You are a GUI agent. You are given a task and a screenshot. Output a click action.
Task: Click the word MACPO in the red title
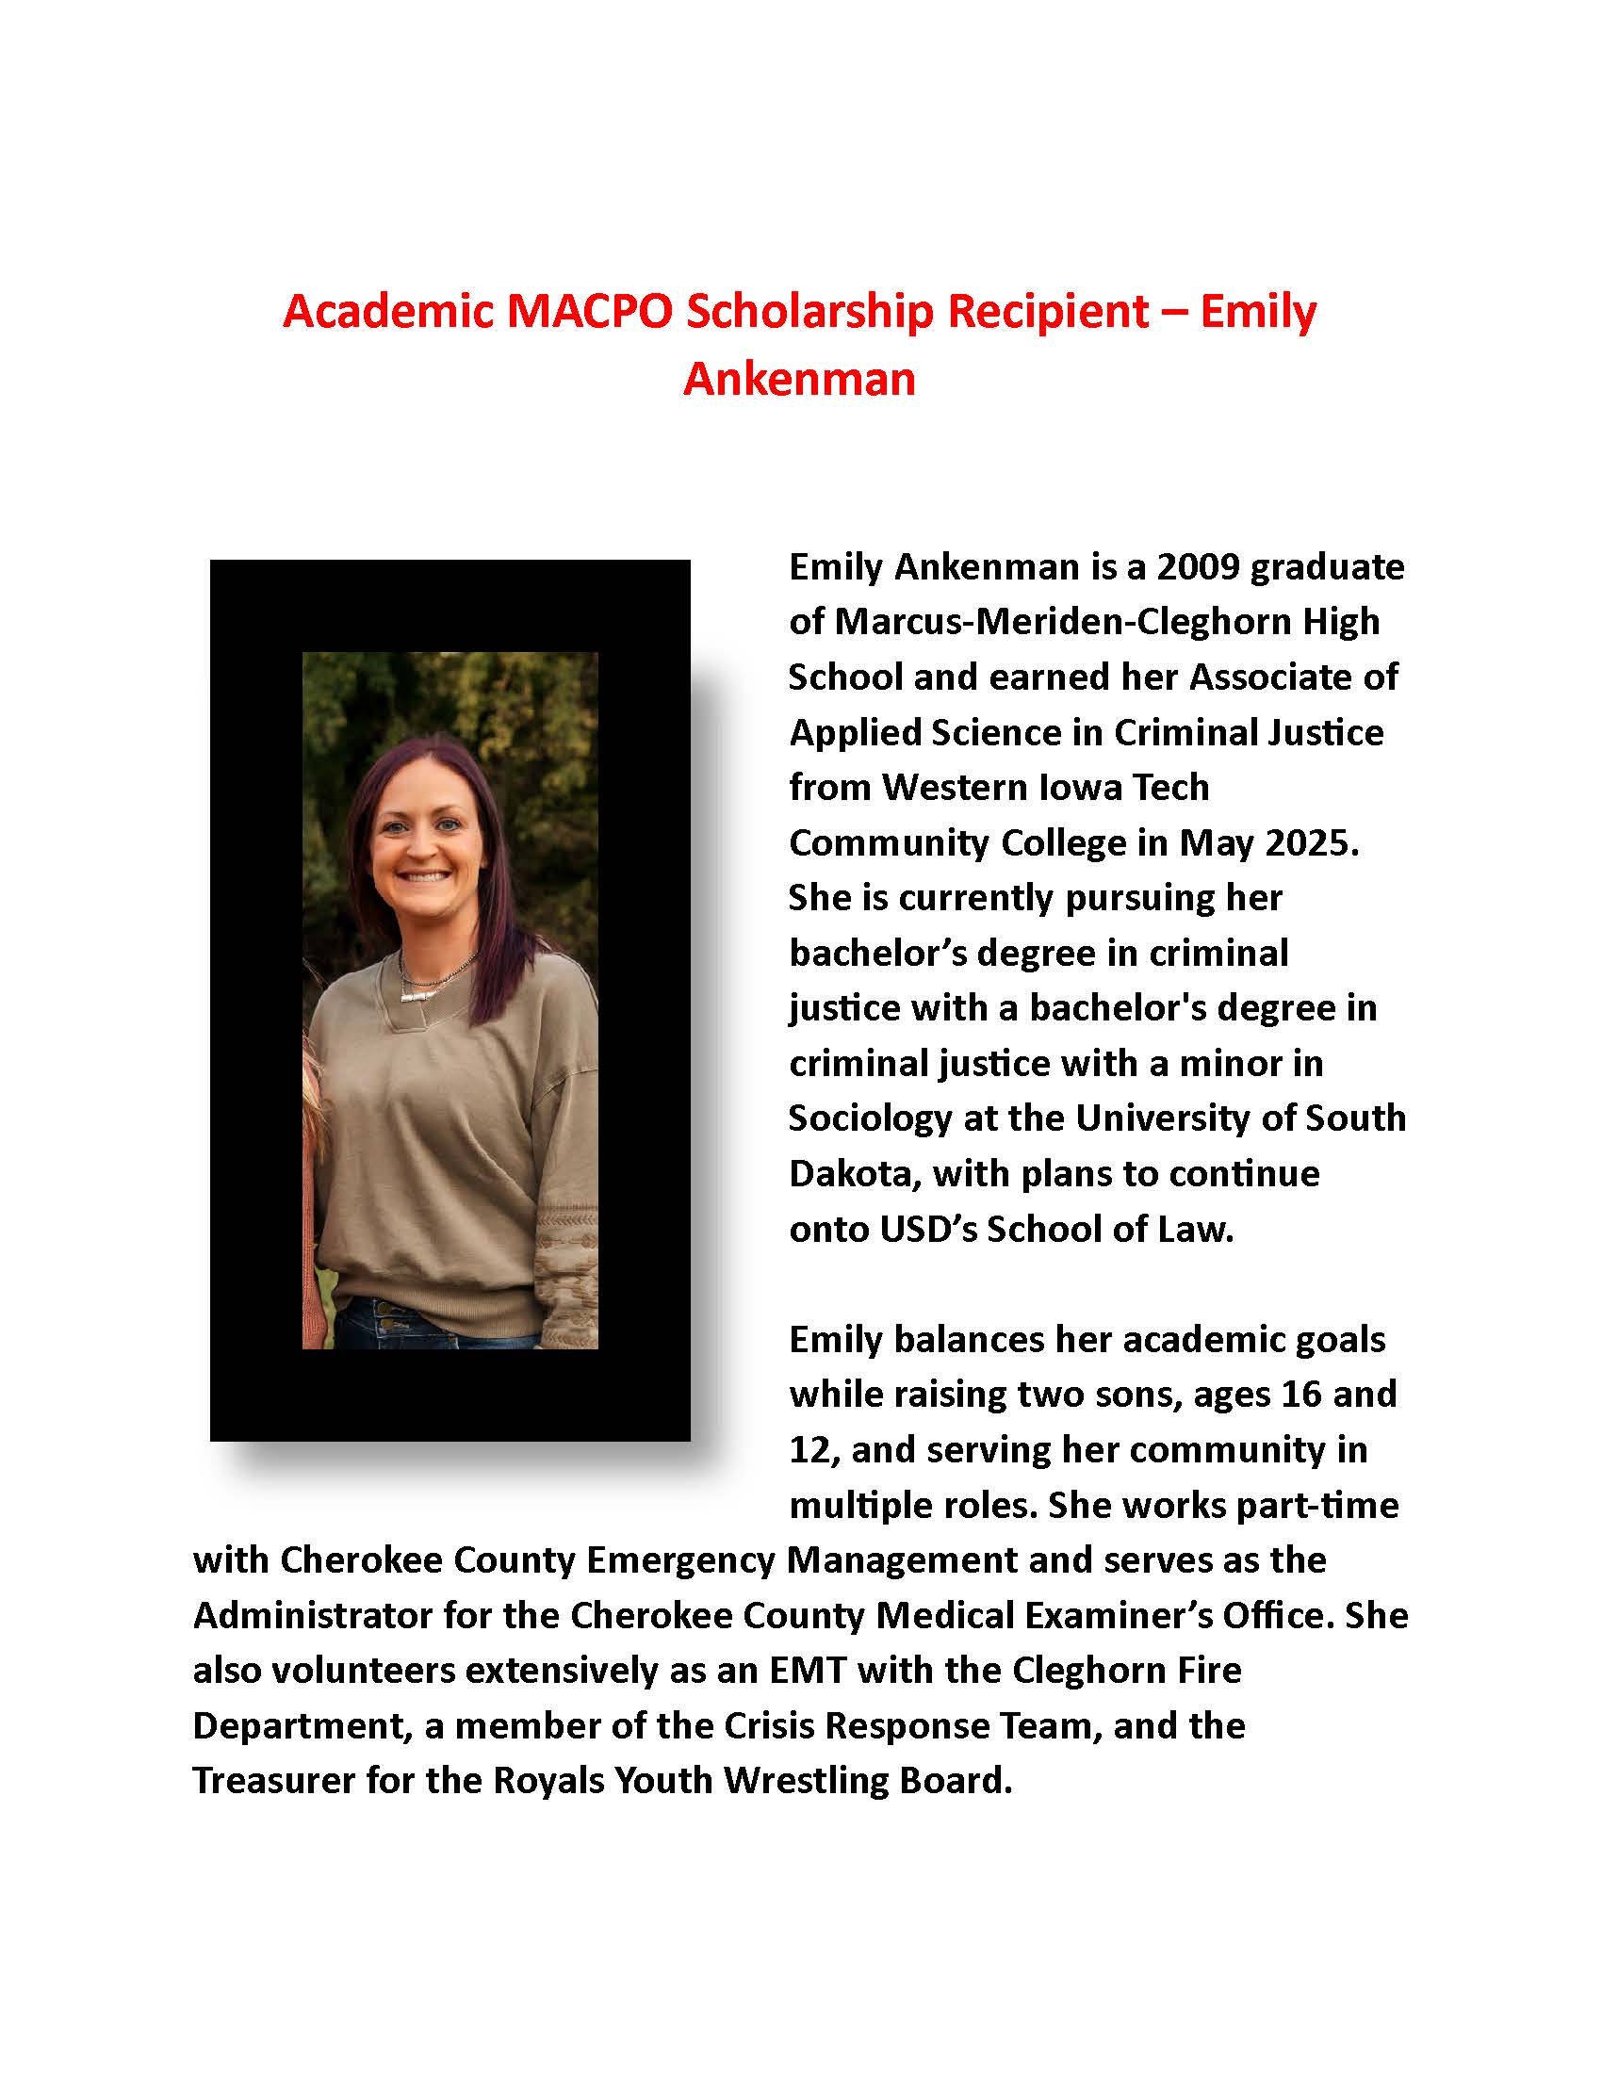tap(588, 311)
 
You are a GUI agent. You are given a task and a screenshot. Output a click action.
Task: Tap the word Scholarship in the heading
tap(810, 311)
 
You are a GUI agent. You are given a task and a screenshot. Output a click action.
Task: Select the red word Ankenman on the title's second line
tap(799, 379)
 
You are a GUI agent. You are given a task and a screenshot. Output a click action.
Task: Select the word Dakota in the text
tap(854, 1173)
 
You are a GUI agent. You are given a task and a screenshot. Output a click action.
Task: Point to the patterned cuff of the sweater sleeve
tap(565, 1267)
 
